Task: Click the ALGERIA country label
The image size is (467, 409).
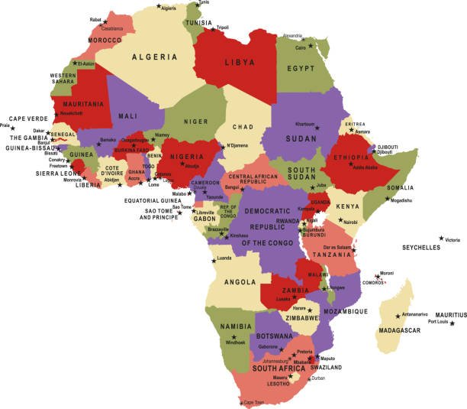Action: click(x=155, y=57)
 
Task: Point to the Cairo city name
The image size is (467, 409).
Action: click(x=301, y=47)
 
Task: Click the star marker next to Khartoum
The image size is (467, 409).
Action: click(x=317, y=127)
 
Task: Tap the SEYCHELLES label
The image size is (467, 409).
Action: click(x=421, y=248)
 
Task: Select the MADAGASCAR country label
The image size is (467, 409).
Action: click(x=399, y=330)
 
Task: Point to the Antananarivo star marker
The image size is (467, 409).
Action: click(x=398, y=315)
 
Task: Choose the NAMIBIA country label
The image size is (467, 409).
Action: click(x=235, y=327)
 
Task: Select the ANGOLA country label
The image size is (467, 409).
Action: click(x=240, y=282)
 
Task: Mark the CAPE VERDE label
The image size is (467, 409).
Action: click(x=27, y=118)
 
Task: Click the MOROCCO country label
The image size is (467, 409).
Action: click(x=105, y=40)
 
